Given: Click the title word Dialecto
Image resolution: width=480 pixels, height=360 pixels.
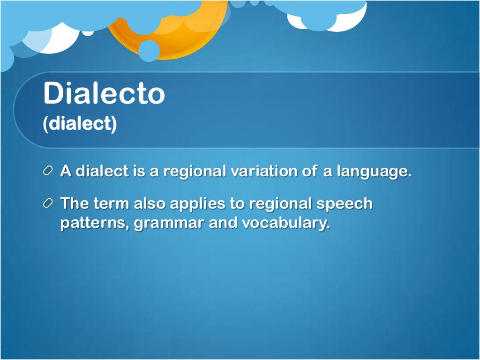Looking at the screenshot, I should pos(104,93).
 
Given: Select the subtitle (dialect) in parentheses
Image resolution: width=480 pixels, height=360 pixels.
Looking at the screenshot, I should pos(80,125).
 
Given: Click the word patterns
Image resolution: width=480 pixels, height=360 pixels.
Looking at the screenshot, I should pos(95,224).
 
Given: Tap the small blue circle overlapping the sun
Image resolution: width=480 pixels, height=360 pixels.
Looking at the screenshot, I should pos(149,51).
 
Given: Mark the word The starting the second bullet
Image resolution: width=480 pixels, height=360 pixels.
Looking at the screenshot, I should pos(75,204).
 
